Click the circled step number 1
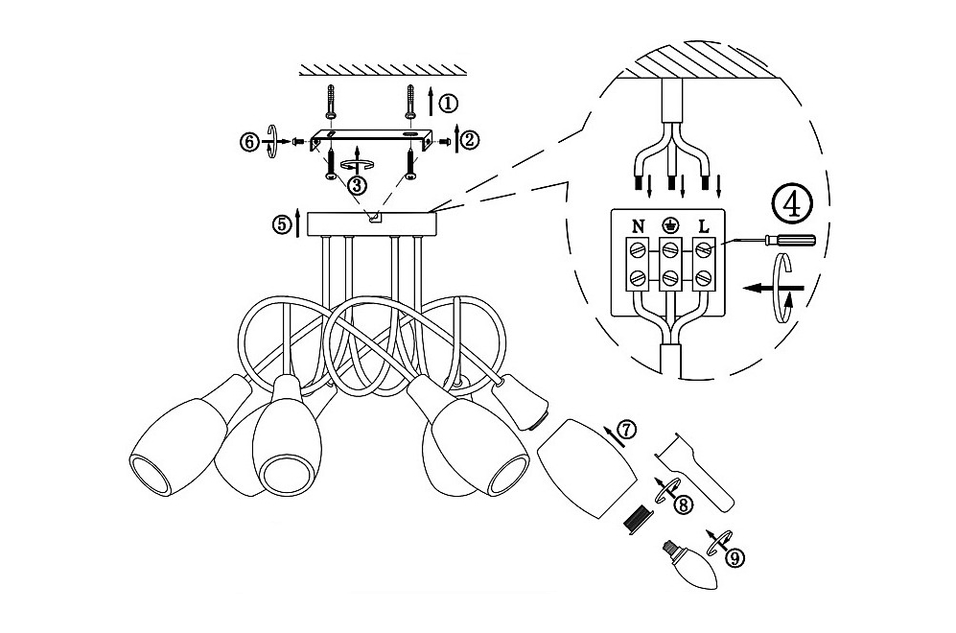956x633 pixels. point(448,103)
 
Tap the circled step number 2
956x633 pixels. point(470,140)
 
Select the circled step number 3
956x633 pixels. point(358,183)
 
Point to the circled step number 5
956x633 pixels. point(282,223)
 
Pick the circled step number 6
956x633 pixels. point(248,141)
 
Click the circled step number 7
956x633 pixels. point(626,430)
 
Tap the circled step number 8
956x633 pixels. point(684,504)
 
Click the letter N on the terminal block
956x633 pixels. point(638,227)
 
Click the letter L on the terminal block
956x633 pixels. point(704,227)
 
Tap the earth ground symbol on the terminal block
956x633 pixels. point(670,226)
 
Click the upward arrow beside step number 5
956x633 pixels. point(298,223)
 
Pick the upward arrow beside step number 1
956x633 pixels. point(431,101)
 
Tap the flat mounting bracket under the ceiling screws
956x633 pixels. point(372,139)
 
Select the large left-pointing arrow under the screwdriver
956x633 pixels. point(773,287)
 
